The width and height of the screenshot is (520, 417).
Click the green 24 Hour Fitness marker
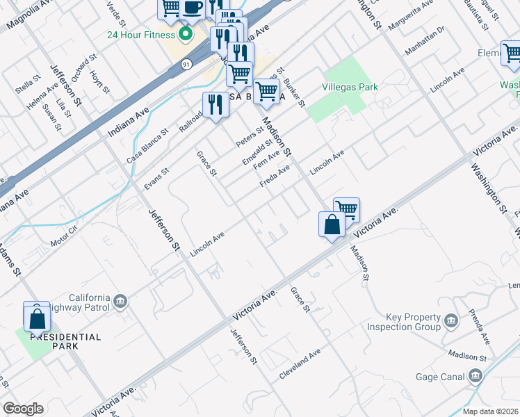tap(185, 33)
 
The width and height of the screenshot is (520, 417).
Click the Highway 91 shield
tap(186, 64)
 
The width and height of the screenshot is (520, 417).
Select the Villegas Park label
tap(350, 88)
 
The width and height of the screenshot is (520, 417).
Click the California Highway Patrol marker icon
tap(121, 300)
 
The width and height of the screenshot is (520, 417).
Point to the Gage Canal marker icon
tap(476, 377)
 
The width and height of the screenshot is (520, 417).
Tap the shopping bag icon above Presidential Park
tap(38, 318)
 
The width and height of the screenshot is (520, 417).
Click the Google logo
tap(23, 409)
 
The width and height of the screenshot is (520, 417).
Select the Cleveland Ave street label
tap(301, 363)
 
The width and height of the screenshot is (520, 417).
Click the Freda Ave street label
tap(275, 176)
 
